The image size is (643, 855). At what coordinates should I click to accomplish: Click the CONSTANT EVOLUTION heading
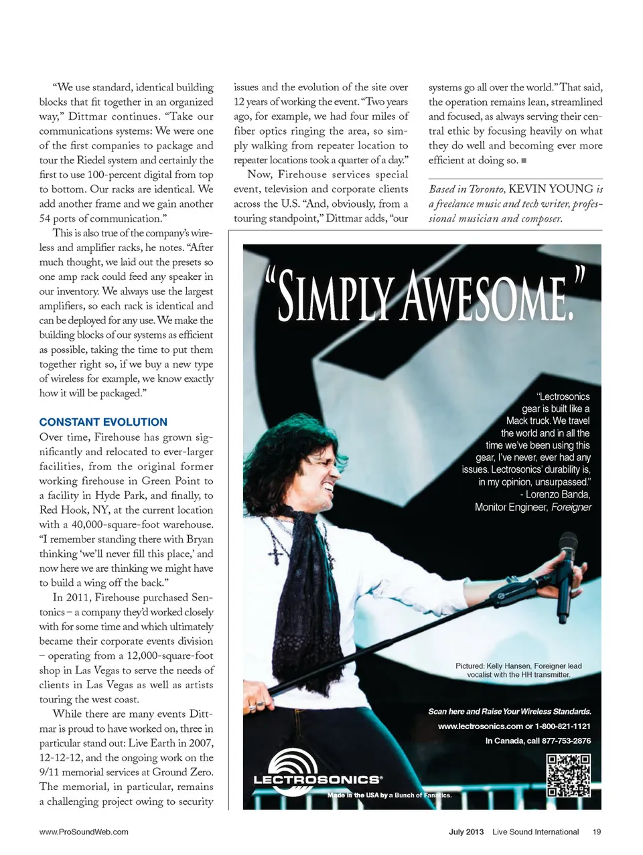[x=103, y=422]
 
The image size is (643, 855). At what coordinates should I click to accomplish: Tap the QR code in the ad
[x=569, y=775]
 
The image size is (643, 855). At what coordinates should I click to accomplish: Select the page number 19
[x=596, y=832]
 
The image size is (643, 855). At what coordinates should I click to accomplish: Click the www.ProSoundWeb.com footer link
[x=84, y=832]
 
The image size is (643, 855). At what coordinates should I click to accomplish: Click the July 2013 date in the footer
[x=466, y=832]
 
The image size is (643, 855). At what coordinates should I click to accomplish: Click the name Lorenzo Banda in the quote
[x=558, y=495]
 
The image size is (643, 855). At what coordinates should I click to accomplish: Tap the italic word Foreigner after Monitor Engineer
[x=571, y=507]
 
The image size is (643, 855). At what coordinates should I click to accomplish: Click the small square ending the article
[x=524, y=161]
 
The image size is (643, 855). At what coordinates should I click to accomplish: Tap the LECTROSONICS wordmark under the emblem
[x=317, y=779]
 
